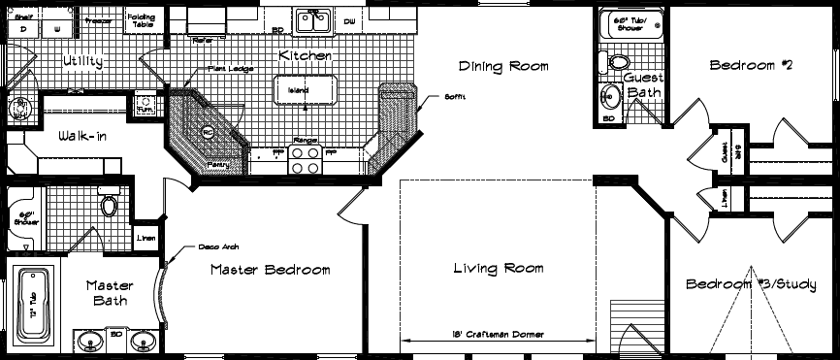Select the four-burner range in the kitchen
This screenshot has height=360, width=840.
(306, 158)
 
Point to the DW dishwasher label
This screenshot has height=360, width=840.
(350, 20)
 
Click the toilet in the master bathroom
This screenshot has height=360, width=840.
(109, 206)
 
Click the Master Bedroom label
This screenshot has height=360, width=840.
(270, 269)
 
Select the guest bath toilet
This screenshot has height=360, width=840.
(616, 62)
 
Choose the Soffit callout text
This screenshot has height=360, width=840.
(434, 95)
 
